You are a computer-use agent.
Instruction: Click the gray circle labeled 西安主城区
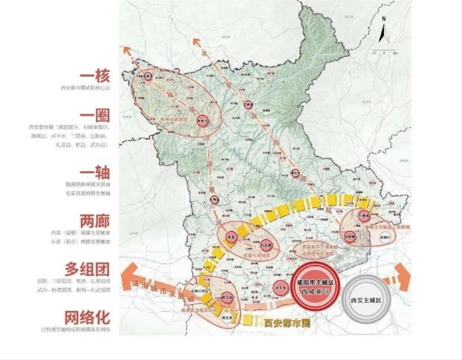370,300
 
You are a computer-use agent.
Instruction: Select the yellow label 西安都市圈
286,324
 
